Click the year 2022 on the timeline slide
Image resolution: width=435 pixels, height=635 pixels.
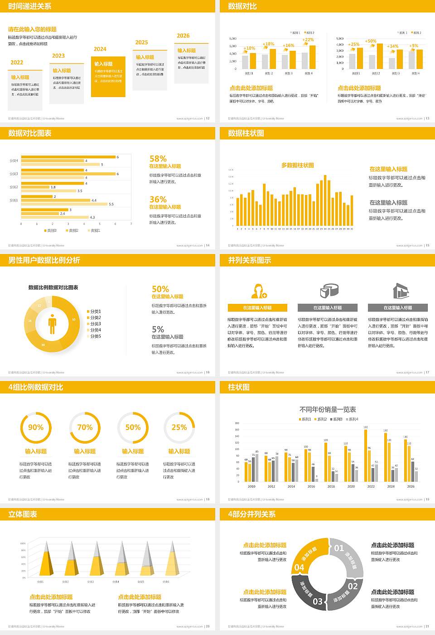tap(17, 63)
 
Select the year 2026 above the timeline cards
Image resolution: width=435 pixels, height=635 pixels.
tap(183, 36)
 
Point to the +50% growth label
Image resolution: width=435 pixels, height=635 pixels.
tap(371, 41)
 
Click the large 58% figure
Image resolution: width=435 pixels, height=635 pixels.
tap(158, 159)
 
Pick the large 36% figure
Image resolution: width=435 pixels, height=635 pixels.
tap(158, 200)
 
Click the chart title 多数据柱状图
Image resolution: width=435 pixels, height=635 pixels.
tap(298, 166)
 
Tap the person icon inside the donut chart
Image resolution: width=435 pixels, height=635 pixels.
tap(52, 324)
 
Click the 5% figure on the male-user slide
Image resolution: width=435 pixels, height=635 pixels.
tap(158, 330)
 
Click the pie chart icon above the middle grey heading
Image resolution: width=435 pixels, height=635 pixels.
tap(329, 290)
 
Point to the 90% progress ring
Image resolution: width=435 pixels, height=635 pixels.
tap(36, 427)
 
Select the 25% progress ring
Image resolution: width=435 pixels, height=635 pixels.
tap(179, 427)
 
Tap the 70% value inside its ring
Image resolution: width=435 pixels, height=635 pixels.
tap(85, 427)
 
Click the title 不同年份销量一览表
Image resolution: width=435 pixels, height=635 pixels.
tap(328, 410)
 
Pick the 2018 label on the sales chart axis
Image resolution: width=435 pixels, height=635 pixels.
tap(331, 486)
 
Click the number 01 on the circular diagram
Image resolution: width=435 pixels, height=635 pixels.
tap(339, 548)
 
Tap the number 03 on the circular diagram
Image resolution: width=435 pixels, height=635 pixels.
tap(318, 601)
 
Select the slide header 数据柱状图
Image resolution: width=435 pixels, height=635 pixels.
tap(246, 133)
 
